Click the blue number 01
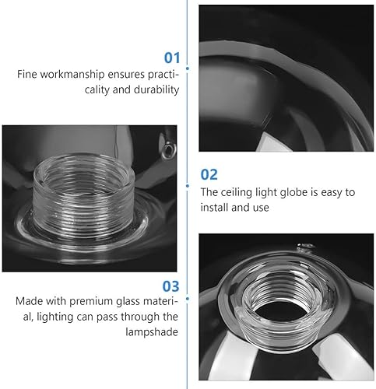tap(171, 58)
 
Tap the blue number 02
tap(209, 174)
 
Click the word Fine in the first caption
tap(27, 75)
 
